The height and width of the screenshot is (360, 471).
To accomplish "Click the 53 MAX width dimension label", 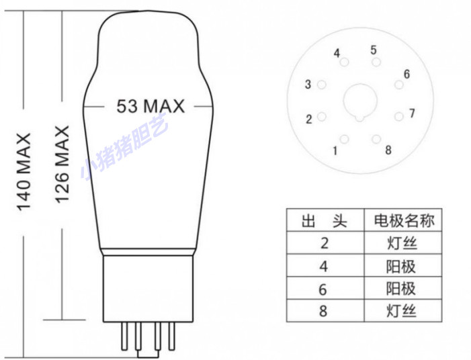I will coord(150,106).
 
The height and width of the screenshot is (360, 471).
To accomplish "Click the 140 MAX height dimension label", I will coord(24,171).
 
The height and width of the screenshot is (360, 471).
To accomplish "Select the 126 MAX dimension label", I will coord(62,165).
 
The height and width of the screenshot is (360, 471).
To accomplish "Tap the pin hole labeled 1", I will coord(344,140).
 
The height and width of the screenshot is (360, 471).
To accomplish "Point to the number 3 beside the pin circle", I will coord(308,85).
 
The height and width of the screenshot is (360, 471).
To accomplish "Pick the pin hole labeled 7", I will coord(398,116).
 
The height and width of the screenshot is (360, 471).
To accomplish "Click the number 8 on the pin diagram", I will coord(388,150).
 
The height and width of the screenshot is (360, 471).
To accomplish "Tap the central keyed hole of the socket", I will coord(361,101).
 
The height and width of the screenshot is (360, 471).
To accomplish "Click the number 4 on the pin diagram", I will coord(337,53).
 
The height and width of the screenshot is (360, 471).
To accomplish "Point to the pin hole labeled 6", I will coord(398,85).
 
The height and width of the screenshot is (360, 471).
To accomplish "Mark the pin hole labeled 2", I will coord(322,116).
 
